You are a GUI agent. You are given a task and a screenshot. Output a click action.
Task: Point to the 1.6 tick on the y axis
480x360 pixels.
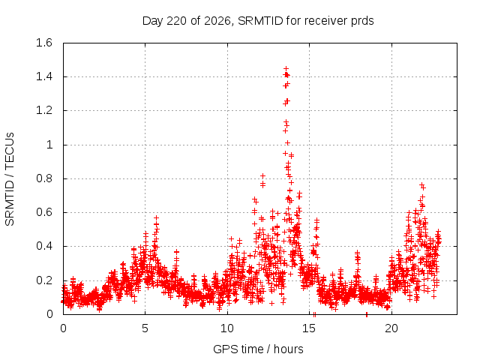pos(44,43)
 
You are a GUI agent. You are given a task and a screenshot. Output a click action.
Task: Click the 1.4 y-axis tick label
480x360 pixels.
pos(44,76)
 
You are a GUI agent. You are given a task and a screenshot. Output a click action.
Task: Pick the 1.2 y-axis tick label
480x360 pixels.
pos(44,110)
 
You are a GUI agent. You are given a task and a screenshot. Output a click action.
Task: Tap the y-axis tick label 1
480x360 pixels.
pos(49,145)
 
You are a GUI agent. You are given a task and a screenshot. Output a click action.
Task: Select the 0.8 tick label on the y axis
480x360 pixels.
pos(44,178)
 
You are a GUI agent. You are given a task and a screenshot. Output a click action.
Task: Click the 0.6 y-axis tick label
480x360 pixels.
pos(44,212)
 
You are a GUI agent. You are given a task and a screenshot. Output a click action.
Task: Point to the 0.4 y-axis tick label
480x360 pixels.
pos(44,246)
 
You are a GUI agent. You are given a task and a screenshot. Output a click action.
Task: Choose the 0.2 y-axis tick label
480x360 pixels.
pos(44,280)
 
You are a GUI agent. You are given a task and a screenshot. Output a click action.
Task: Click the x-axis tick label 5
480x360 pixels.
pos(145,328)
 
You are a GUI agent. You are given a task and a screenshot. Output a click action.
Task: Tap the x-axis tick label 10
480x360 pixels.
pos(226,328)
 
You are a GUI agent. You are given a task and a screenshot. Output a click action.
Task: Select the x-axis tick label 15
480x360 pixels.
pos(309,328)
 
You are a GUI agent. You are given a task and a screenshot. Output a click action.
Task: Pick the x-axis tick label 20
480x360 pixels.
pos(391,328)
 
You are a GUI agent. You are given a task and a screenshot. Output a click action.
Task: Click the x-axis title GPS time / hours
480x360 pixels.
pos(258,349)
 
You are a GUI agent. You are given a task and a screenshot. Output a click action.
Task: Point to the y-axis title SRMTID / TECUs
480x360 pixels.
pos(10,179)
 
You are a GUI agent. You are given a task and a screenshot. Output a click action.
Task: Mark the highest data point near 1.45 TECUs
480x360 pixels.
pos(286,68)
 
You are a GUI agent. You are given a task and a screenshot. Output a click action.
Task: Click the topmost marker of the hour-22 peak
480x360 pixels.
pos(421,185)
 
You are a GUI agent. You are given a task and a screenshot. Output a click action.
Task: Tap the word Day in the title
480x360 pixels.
pos(152,22)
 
